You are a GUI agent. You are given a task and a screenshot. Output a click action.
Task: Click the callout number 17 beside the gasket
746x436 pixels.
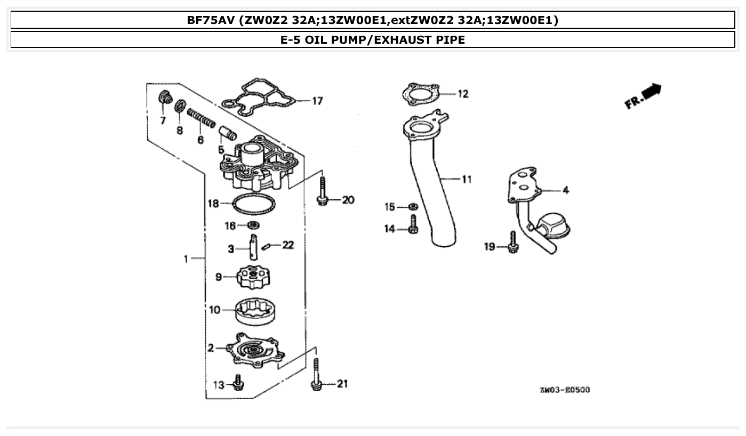pyautogui.click(x=317, y=101)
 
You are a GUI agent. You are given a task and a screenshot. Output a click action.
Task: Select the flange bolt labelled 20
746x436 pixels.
pyautogui.click(x=323, y=193)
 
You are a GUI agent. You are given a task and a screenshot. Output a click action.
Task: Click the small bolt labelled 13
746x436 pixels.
pyautogui.click(x=238, y=381)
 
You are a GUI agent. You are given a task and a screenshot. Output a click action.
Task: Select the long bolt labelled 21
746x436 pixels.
pyautogui.click(x=316, y=376)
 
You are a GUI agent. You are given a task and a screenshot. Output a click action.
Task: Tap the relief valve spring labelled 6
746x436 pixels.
pyautogui.click(x=201, y=118)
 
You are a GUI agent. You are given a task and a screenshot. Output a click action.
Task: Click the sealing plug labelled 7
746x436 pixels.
pyautogui.click(x=164, y=98)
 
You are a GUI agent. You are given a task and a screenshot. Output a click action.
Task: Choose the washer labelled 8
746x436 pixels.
pyautogui.click(x=180, y=105)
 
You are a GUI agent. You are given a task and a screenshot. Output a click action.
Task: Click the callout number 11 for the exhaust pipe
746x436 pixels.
pyautogui.click(x=467, y=179)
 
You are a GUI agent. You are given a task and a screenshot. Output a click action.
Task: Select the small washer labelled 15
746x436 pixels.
pyautogui.click(x=412, y=207)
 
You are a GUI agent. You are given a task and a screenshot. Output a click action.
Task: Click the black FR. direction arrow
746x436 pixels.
pyautogui.click(x=652, y=91)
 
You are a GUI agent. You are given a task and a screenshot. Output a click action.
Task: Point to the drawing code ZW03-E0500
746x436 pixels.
pyautogui.click(x=565, y=390)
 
